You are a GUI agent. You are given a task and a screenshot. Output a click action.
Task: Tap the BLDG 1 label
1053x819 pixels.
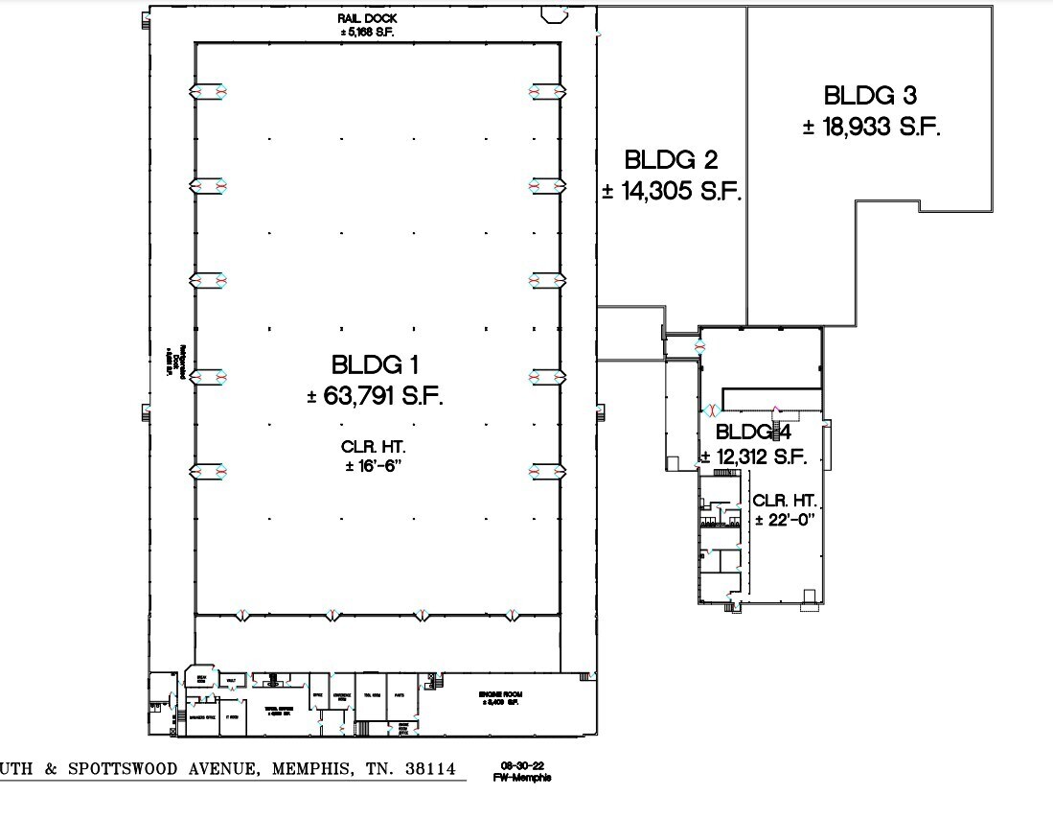375,365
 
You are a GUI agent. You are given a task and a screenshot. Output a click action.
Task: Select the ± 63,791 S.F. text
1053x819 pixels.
375,396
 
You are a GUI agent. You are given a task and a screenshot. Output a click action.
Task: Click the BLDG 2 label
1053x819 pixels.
671,160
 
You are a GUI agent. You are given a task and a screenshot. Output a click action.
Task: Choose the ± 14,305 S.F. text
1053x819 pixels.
672,191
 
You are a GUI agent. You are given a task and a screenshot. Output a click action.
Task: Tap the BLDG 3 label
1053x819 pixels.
870,96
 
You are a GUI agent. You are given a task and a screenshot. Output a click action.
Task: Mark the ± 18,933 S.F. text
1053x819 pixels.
871,127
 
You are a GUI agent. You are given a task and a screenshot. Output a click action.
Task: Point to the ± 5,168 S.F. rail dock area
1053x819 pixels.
369,31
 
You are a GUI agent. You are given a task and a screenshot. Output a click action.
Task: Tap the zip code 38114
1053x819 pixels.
425,769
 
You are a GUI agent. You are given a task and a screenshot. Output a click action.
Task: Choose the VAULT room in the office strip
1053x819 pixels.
231,680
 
